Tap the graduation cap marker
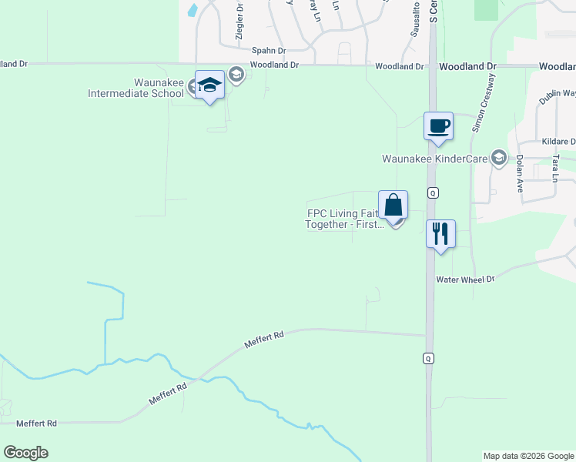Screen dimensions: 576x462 [x=209, y=85]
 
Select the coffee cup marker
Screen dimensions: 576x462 [x=438, y=126]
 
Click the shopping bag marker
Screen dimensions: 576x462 [x=393, y=206]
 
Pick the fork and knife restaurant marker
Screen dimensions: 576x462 [x=440, y=233]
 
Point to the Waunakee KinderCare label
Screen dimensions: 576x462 [x=436, y=159]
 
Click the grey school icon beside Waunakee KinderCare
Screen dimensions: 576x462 [x=498, y=158]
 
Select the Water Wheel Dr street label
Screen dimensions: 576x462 [x=464, y=280]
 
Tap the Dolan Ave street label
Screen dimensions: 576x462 [x=520, y=170]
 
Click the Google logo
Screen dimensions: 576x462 [x=25, y=453]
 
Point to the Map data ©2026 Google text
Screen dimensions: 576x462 [x=528, y=456]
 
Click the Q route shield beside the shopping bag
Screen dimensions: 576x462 [x=433, y=192]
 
